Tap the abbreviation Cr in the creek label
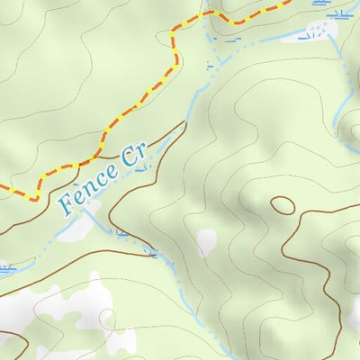point(133,155)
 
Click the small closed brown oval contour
point(282,205)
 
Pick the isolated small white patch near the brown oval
point(207,240)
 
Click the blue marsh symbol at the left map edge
point(5,267)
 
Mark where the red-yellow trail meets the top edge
point(288,2)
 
